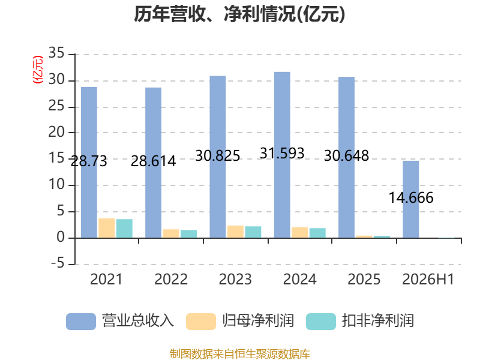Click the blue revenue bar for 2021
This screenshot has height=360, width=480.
(89, 162)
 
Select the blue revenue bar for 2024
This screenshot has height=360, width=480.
(282, 155)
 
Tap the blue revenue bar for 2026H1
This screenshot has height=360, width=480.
(411, 199)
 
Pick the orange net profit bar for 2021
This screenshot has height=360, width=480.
(107, 228)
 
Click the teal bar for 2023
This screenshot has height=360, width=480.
(253, 232)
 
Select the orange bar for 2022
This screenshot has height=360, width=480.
(171, 233)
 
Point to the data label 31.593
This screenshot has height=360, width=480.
(282, 153)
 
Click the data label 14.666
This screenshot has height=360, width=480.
(411, 197)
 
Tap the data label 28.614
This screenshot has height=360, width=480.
(154, 161)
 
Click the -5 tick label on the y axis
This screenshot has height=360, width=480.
(58, 263)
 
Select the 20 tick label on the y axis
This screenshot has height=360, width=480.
(56, 132)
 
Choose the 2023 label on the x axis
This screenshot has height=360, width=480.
(235, 279)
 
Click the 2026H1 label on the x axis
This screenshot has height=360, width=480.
(428, 279)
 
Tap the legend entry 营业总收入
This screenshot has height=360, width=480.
(120, 321)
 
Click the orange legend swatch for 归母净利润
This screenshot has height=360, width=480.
(201, 322)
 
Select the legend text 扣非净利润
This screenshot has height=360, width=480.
(378, 321)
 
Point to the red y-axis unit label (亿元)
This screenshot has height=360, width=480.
(38, 70)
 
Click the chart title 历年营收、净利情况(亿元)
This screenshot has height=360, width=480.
(239, 14)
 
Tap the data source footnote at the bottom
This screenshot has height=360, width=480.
(240, 354)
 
